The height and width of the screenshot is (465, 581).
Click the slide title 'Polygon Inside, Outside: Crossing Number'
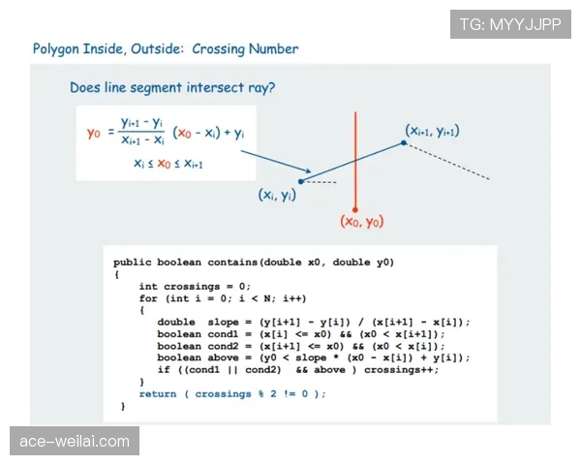coord(166,49)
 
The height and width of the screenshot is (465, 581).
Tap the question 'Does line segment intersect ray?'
coord(172,88)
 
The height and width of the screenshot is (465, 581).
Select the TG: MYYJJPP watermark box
coord(510,24)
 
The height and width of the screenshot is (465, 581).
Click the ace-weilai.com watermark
coord(75,441)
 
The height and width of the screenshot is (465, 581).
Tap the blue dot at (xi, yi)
coord(301,181)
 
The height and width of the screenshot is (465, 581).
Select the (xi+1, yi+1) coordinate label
coord(432,131)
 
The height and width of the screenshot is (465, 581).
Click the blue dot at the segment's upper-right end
coord(404,142)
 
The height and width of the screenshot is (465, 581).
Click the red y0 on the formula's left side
coord(93,133)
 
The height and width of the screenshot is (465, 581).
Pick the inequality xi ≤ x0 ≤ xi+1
coord(168,163)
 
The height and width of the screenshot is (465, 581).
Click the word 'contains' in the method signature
coord(232,263)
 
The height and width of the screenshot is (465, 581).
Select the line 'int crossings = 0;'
coord(195,287)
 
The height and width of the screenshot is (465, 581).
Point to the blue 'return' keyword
coord(158,394)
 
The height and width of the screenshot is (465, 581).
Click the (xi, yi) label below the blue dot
coord(277,195)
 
